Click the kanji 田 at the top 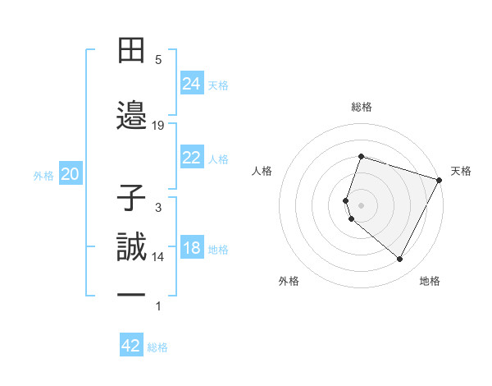tap(133, 50)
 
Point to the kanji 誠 tap(133, 247)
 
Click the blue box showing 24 tap(192, 83)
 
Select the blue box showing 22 tap(192, 158)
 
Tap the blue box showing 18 tap(192, 248)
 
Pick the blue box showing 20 tap(71, 173)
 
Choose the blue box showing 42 tap(131, 346)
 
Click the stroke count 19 tap(158, 125)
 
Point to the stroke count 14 tap(158, 257)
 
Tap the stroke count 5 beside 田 tap(158, 60)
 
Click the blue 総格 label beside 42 tap(157, 347)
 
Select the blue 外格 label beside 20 tap(43, 175)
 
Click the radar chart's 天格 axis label tap(461, 171)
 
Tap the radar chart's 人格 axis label tap(262, 171)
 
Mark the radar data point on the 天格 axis tap(439, 179)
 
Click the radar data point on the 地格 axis tap(399, 260)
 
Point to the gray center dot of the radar tap(361, 204)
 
